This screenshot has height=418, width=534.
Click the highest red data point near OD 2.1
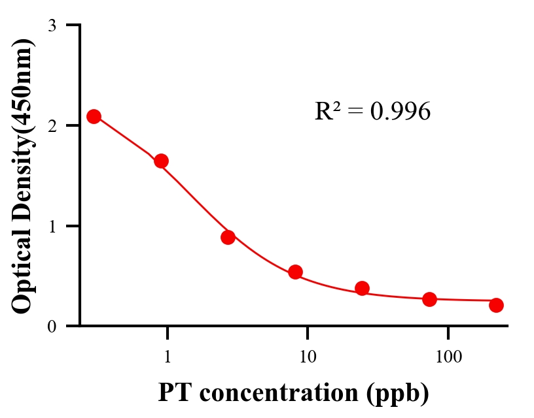coord(94,116)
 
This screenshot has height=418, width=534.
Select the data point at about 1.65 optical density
coord(161,161)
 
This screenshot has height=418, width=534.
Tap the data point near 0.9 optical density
coord(228,237)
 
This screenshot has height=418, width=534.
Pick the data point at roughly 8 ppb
coord(295,272)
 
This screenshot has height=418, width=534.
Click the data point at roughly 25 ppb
coord(362,288)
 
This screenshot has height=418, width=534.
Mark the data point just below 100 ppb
coord(429,299)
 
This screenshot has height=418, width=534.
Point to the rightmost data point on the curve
coord(496,305)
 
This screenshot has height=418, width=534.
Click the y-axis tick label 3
coord(52,25)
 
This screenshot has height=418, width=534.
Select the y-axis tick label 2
coord(52,125)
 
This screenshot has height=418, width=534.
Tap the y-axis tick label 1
coord(52,226)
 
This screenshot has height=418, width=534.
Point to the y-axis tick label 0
coord(52,327)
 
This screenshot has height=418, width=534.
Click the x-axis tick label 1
coord(168,357)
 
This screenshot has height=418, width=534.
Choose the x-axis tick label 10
coord(307,357)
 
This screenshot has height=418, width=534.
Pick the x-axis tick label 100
coord(448,357)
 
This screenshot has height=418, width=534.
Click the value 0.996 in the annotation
coord(400,112)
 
